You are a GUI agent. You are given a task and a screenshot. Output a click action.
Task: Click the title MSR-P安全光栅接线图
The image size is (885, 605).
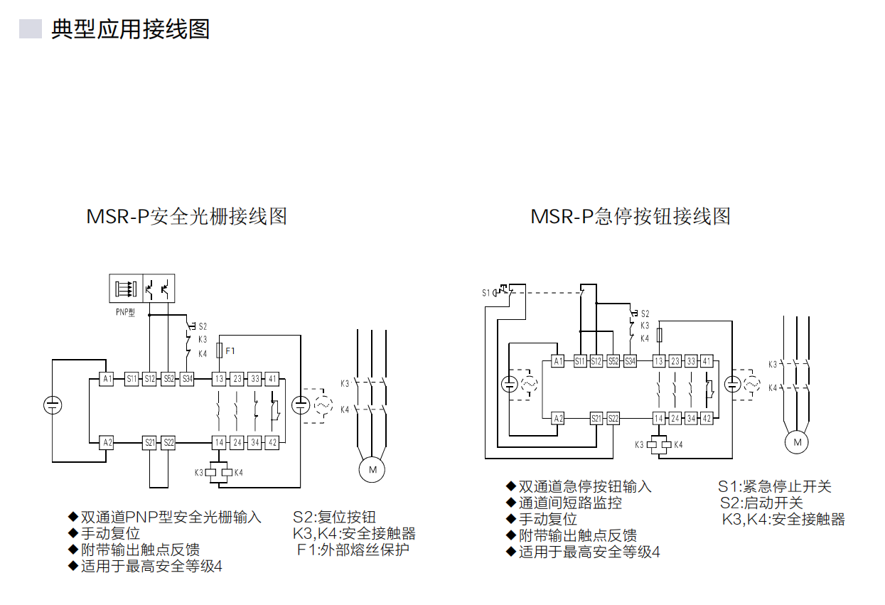pyautogui.click(x=187, y=216)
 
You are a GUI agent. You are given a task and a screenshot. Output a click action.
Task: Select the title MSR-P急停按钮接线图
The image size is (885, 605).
pyautogui.click(x=631, y=216)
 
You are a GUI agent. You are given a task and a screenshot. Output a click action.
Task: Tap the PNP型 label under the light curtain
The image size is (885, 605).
pyautogui.click(x=126, y=312)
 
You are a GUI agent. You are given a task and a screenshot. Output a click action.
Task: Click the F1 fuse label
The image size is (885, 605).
pyautogui.click(x=230, y=350)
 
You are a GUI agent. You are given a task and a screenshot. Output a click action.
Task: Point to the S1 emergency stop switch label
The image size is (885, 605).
pyautogui.click(x=486, y=293)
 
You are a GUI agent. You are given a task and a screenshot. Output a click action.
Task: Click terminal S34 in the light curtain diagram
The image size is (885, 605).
pyautogui.click(x=186, y=379)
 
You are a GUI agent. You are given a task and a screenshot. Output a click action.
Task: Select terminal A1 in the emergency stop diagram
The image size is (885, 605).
pyautogui.click(x=559, y=362)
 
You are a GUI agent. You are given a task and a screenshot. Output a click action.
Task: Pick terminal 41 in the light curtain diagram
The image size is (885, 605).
pyautogui.click(x=272, y=379)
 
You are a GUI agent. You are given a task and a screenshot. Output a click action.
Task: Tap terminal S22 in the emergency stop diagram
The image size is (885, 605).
pyautogui.click(x=613, y=419)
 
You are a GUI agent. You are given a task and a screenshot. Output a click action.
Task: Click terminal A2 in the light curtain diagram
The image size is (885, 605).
pyautogui.click(x=107, y=442)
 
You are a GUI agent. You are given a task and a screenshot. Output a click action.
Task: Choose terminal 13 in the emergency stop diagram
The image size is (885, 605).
pyautogui.click(x=658, y=362)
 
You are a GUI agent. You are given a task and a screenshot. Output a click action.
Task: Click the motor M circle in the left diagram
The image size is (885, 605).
pyautogui.click(x=371, y=470)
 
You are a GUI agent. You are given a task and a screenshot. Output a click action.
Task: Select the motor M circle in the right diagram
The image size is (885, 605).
pyautogui.click(x=796, y=442)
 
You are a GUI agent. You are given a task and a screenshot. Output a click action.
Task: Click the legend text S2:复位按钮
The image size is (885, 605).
pyautogui.click(x=334, y=517)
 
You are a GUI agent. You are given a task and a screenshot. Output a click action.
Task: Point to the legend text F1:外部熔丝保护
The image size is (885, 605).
pyautogui.click(x=353, y=550)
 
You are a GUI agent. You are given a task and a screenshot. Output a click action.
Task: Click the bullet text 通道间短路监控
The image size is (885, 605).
pyautogui.click(x=570, y=503)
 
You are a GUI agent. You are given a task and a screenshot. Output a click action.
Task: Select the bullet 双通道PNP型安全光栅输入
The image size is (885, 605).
pyautogui.click(x=171, y=517)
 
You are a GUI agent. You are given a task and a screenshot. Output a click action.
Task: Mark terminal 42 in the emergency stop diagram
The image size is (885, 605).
pyautogui.click(x=706, y=419)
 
